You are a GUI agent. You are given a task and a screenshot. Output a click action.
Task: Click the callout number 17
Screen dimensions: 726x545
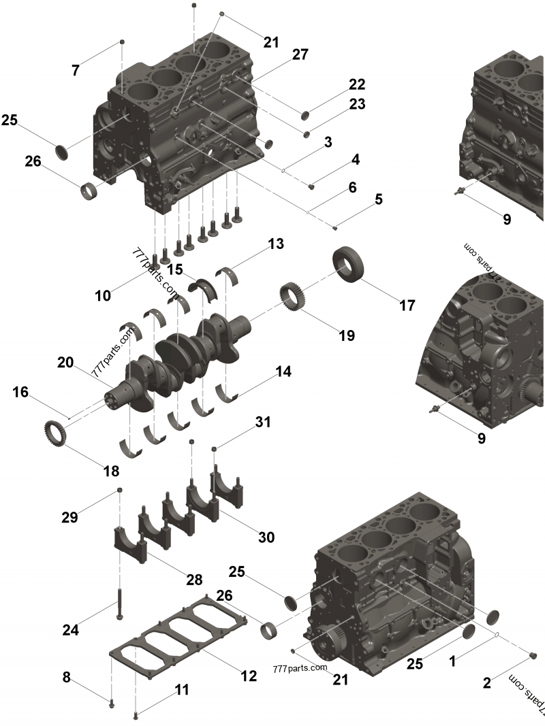(x=406, y=306)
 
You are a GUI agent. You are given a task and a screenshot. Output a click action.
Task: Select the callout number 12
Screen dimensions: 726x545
(x=249, y=676)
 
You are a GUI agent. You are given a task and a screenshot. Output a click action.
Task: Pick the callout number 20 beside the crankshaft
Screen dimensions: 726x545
(x=65, y=363)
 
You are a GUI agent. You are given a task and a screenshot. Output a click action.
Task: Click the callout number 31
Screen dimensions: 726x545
(x=263, y=422)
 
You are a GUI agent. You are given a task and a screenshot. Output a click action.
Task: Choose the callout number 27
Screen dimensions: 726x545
(x=300, y=55)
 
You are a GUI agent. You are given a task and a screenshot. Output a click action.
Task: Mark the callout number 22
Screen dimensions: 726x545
(x=357, y=84)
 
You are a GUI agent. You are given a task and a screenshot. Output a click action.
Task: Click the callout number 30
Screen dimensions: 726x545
(x=266, y=537)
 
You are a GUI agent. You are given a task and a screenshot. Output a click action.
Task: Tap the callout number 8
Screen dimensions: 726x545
(x=66, y=677)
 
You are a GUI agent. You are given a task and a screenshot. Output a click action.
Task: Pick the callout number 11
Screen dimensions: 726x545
(x=181, y=689)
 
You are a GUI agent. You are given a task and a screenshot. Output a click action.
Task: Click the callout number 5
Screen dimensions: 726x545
(x=378, y=199)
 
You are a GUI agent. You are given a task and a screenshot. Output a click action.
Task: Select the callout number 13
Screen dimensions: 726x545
(x=275, y=244)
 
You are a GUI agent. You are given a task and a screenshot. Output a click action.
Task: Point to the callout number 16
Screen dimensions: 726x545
(x=20, y=392)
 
